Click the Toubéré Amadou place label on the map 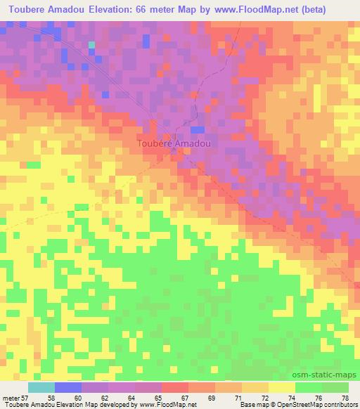(x=173, y=143)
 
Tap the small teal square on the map (x=91, y=45)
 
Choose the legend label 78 (x=345, y=397)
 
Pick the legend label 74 (x=291, y=397)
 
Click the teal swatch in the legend (x=41, y=387)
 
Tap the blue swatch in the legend (x=68, y=387)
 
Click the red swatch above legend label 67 (x=175, y=387)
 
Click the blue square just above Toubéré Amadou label (x=198, y=129)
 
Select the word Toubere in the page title (x=27, y=11)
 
